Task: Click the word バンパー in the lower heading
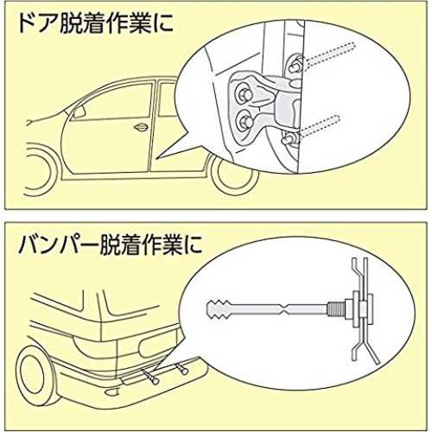pyautogui.click(x=59, y=245)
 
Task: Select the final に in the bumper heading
pyautogui.click(x=191, y=245)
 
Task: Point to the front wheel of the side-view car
pyautogui.click(x=41, y=171)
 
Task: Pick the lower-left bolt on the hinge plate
pyautogui.click(x=245, y=120)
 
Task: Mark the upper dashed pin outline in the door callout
pyautogui.click(x=331, y=54)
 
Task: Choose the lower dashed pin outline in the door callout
pyautogui.click(x=320, y=125)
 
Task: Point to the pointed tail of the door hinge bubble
pyautogui.click(x=159, y=157)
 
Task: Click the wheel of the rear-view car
pyautogui.click(x=34, y=372)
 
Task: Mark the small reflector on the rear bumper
pyautogui.click(x=112, y=391)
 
